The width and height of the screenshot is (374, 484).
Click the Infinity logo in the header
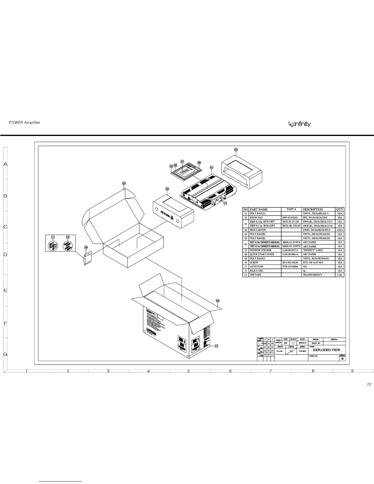300,124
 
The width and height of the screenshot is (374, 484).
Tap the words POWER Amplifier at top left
24,123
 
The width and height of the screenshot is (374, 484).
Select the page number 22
369,384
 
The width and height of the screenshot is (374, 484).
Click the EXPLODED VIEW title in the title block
326,350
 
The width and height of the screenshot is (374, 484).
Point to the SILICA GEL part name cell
256,271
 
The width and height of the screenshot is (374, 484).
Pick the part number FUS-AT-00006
290,266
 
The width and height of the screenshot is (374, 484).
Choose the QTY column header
340,209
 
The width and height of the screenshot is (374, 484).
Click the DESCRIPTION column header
313,209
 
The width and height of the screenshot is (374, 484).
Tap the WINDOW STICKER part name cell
260,250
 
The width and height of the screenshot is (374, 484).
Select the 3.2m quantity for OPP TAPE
340,275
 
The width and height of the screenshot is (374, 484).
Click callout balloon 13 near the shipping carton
216,346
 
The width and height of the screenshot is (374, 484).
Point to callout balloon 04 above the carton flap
218,301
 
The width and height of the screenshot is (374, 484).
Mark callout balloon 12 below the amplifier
225,203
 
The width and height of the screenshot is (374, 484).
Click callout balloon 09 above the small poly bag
86,247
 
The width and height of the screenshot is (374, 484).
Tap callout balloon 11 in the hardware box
53,237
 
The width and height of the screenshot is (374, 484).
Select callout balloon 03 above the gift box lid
124,183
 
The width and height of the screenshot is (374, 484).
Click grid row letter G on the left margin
5,354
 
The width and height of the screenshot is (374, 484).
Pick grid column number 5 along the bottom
189,371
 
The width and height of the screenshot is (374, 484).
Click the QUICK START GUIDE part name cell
262,254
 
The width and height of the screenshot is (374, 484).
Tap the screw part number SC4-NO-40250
290,262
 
